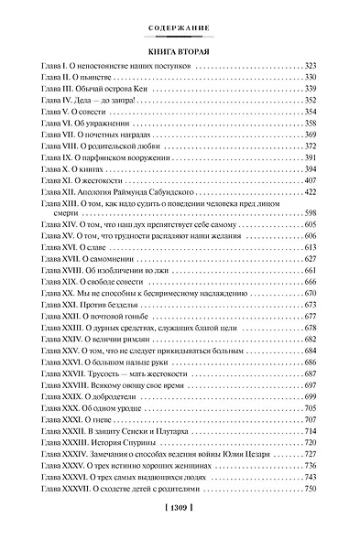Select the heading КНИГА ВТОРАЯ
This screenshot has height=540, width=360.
180,51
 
